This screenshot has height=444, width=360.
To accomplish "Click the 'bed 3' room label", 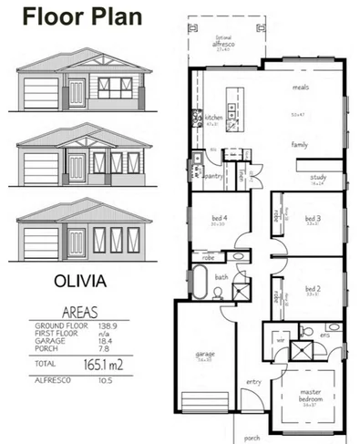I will (x=313, y=218).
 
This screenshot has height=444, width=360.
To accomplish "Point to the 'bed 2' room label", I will (x=313, y=288).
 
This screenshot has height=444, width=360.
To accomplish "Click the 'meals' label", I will (x=301, y=88).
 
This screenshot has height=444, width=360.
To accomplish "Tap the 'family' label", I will (x=300, y=145).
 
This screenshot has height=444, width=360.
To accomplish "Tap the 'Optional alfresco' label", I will (x=221, y=40).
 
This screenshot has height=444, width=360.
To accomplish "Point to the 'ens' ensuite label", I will (x=325, y=335).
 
